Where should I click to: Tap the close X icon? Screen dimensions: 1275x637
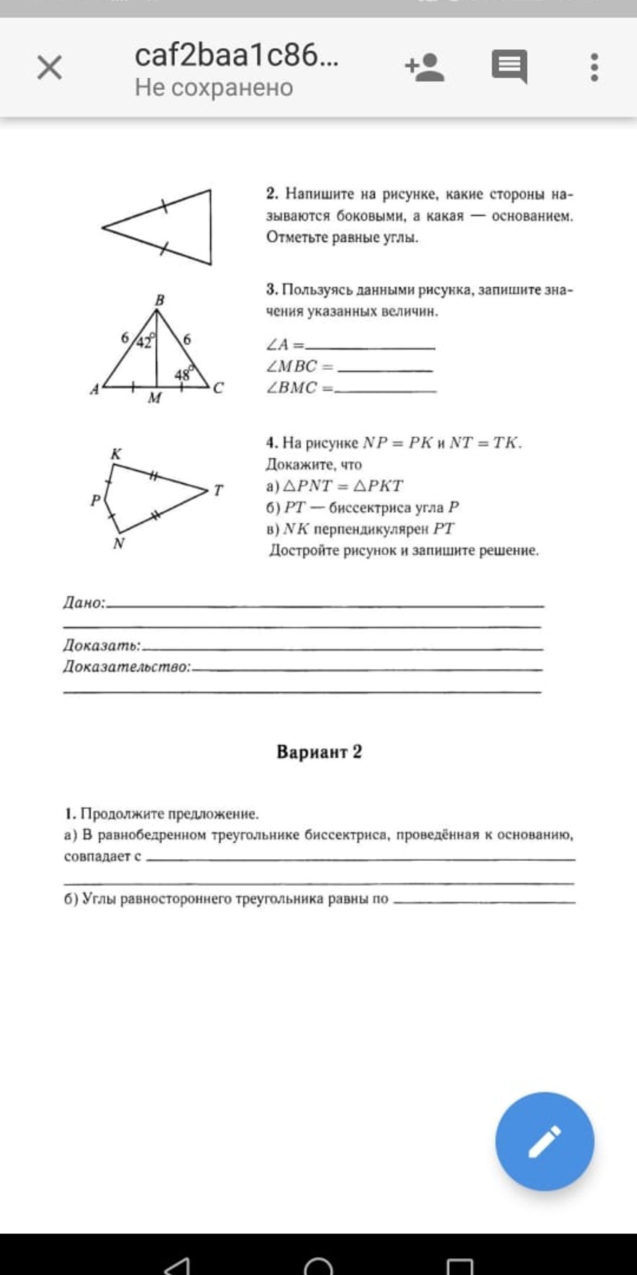point(50,67)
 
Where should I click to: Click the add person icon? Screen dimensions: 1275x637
point(425,67)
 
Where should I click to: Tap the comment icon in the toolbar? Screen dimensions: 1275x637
point(510,66)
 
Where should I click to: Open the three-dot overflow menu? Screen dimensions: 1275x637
point(595,67)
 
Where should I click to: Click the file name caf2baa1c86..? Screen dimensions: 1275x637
point(237,55)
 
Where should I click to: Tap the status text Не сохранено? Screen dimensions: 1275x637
point(214,87)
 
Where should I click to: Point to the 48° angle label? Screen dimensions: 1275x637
point(183,374)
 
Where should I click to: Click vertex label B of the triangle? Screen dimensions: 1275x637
point(159,300)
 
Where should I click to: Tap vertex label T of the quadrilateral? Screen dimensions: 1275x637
point(218,490)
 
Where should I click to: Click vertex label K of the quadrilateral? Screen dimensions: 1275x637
point(116,454)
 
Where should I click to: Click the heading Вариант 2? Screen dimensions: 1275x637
point(319,751)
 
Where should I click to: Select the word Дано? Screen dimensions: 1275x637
point(83,603)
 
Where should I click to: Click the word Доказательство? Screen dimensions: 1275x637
point(126,667)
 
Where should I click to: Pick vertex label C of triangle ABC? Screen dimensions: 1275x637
point(218,388)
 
